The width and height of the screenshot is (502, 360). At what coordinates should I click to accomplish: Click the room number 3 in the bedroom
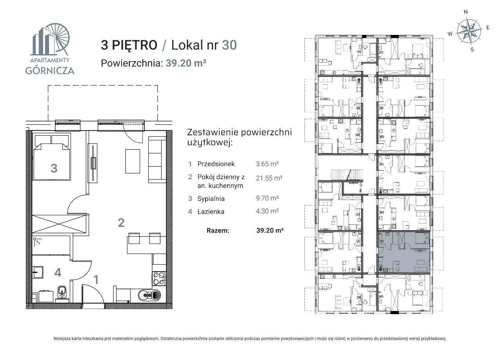coord(54,168)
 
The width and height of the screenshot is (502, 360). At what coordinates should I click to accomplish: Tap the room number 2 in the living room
coord(121,223)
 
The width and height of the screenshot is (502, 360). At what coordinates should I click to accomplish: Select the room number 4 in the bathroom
coord(58,273)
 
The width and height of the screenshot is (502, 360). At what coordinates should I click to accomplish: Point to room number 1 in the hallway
coord(96,280)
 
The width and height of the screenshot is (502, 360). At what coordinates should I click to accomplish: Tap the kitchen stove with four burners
coord(159,279)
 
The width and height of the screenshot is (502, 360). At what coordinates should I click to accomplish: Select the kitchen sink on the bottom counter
coord(149,295)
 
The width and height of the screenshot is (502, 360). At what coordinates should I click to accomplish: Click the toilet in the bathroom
coord(62,292)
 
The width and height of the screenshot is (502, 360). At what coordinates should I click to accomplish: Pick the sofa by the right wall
coord(157,160)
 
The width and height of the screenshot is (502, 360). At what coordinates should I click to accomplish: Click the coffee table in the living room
coord(133,161)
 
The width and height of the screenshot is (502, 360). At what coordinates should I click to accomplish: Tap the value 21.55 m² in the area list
coord(269,178)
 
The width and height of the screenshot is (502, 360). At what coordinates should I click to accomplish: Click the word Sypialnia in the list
coord(211,199)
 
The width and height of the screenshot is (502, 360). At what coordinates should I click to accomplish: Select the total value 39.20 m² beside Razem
coord(270,231)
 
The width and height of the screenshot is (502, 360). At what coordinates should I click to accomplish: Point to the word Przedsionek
coord(216,164)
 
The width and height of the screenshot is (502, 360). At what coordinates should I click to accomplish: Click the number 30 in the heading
coord(229,45)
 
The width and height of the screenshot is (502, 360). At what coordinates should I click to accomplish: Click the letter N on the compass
coord(466,12)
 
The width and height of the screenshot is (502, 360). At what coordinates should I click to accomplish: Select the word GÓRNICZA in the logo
coord(50,70)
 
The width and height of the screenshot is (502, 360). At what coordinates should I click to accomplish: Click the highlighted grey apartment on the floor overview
coord(404,252)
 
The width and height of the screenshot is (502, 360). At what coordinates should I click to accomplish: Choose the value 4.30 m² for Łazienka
coord(267,211)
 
